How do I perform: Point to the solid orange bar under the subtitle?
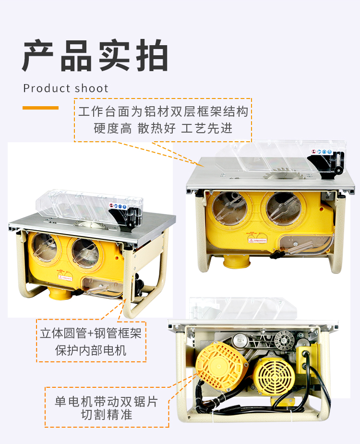tap(40, 108)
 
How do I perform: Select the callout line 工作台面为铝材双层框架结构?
tap(163, 112)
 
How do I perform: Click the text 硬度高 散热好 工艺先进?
tap(163, 128)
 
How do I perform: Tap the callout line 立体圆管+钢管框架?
tap(91, 333)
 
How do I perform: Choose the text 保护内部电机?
tap(91, 350)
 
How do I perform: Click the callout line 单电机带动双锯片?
tap(106, 400)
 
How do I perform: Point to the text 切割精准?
tap(106, 415)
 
